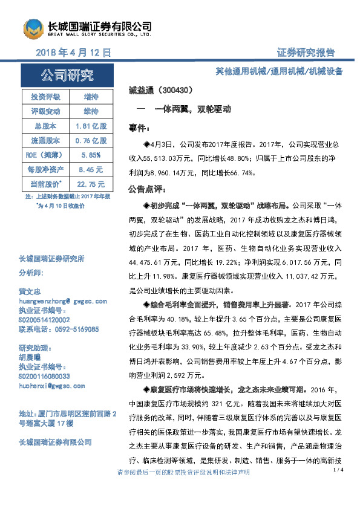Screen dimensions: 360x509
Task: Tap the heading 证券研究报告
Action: [306, 53]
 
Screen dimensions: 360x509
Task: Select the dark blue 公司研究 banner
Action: [67, 76]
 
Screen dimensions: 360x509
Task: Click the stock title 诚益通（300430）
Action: [160, 91]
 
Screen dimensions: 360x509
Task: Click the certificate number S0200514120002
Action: [44, 319]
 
